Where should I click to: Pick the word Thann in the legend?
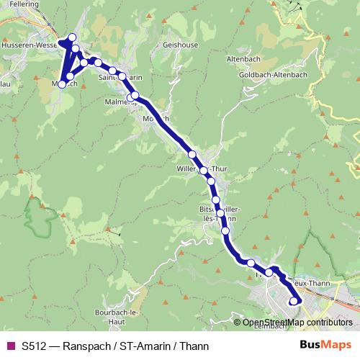(197, 345)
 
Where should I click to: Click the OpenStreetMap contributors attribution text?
(297, 323)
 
